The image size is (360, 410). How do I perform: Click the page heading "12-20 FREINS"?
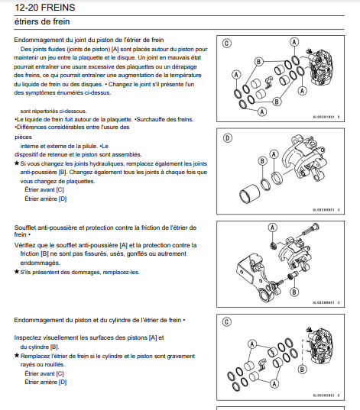[44, 8]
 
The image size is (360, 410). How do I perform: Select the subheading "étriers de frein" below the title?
[42, 21]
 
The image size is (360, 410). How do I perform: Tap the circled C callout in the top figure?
[227, 44]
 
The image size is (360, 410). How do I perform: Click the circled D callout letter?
[227, 137]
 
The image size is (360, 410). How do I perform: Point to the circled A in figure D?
[274, 154]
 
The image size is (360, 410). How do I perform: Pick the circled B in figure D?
[262, 161]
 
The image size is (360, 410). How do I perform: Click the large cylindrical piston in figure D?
[249, 195]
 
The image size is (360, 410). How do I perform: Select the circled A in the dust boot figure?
[273, 228]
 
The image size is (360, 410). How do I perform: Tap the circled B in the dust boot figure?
[294, 292]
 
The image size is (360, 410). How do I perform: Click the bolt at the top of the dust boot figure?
[310, 229]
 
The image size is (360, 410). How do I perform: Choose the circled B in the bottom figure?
[302, 370]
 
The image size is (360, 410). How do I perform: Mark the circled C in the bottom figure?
[227, 321]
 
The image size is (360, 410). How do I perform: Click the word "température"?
[186, 76]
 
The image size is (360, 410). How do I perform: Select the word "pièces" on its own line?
[23, 137]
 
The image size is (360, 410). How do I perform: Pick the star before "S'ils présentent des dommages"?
[17, 272]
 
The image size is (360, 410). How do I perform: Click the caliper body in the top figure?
[320, 67]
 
